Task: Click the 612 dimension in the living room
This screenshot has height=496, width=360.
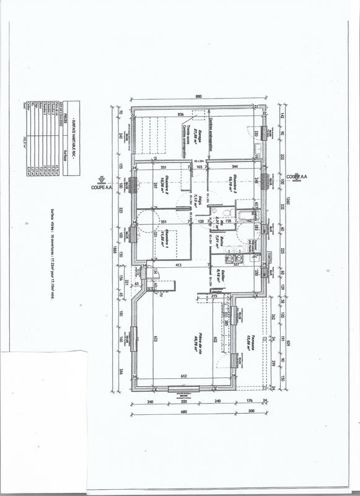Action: [x=184, y=376]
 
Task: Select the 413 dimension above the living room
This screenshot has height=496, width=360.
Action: [x=179, y=265]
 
